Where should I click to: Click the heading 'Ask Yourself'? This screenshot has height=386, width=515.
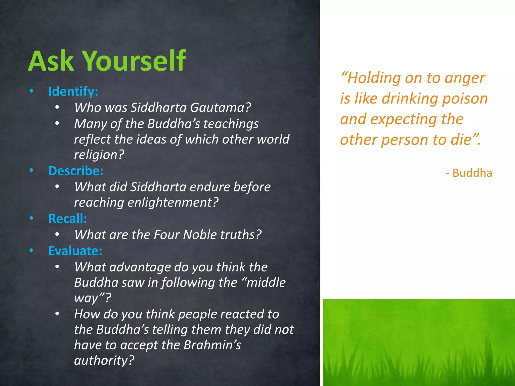(107, 61)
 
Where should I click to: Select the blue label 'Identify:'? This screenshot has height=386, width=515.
(73, 91)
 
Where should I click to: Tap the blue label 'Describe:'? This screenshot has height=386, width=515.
(76, 171)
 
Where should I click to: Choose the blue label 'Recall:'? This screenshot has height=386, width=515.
(68, 218)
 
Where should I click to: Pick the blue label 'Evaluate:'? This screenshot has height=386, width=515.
(75, 251)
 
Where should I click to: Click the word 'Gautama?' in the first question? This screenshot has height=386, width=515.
(220, 108)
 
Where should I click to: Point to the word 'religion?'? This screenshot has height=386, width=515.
(99, 155)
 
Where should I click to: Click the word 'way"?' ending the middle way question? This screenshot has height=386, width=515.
(92, 298)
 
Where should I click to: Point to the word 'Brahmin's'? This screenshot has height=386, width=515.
(212, 345)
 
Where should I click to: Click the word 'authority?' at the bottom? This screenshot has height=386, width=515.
(104, 360)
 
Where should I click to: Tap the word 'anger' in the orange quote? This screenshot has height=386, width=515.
(465, 78)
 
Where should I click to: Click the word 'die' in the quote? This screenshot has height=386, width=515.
(461, 140)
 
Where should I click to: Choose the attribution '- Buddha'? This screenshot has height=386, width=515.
(469, 173)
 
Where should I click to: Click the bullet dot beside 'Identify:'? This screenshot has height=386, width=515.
(31, 91)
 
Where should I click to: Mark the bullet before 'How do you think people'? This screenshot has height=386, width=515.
(57, 314)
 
